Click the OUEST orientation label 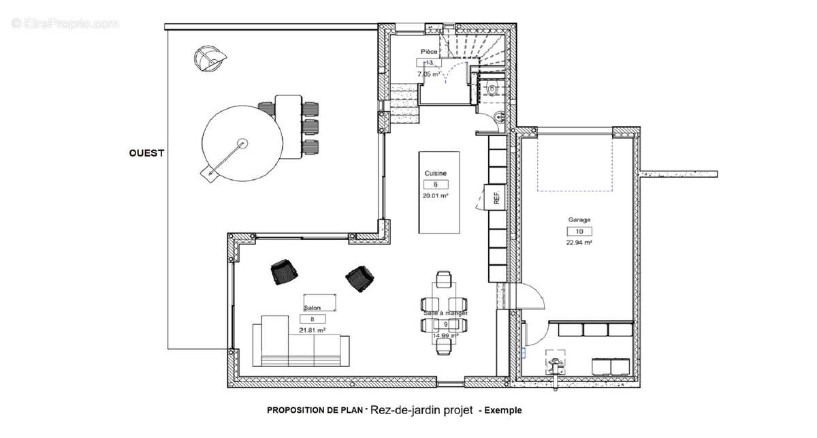pos(146,153)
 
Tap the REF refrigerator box pos(496,198)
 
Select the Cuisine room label pos(436,174)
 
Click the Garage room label pos(579,220)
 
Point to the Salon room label pos(312,308)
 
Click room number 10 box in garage pos(579,232)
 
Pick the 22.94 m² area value pos(579,243)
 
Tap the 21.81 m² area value pos(312,330)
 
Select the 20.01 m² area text pos(436,195)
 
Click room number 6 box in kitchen pos(435,185)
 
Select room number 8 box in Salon pos(312,319)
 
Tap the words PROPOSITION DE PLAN pos(315,411)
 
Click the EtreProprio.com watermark pos(65,24)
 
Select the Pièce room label pos(429,52)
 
